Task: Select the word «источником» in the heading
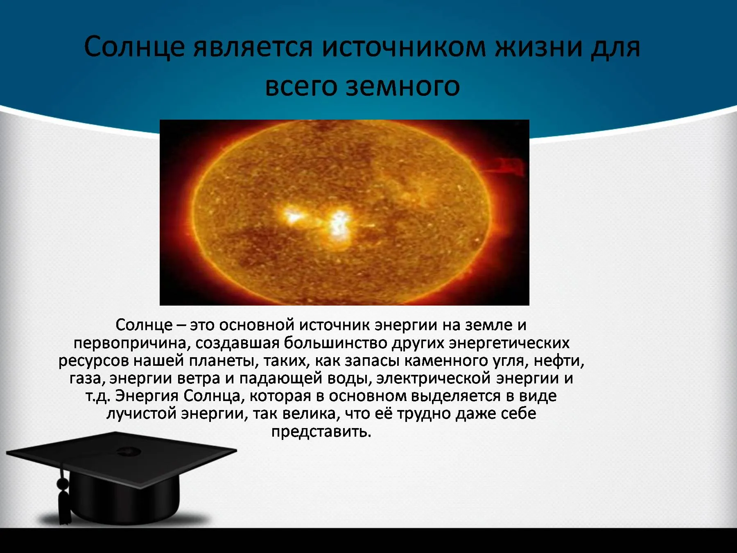[x=404, y=48]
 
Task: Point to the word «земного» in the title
[x=403, y=86]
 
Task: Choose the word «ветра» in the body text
[x=199, y=378]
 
